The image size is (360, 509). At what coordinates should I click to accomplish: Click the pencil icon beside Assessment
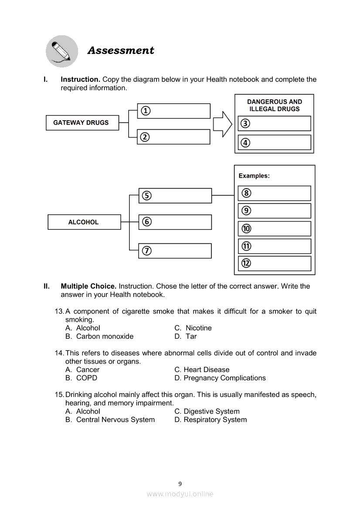pos(62,51)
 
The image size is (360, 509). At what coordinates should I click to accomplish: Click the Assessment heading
pos(121,51)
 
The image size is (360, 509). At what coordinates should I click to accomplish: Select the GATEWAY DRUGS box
pos(82,123)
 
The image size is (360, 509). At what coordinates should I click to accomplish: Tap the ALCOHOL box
pos(84,222)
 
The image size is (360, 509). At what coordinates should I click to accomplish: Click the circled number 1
pos(145,111)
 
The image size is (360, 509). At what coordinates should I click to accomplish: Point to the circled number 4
pos(246,142)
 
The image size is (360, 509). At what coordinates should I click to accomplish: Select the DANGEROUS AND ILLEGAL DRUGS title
pos(274,105)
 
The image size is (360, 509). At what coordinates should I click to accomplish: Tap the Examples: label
pos(254,176)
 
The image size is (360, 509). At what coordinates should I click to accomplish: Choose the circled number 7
pos(147,251)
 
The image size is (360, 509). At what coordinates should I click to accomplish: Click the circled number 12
pos(246,263)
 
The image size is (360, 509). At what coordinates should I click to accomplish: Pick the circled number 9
pos(246,211)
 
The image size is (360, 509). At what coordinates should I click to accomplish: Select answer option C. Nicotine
pos(193,328)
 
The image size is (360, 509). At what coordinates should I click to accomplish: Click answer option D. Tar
pos(186,336)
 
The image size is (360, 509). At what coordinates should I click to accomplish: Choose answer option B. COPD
pos(82,378)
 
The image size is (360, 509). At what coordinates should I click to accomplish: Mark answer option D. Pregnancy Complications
pos(220,378)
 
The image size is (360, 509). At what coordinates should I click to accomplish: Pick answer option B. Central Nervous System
pos(110,420)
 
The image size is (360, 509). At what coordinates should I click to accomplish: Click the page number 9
pos(180,484)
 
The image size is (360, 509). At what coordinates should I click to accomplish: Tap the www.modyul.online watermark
pos(180,494)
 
